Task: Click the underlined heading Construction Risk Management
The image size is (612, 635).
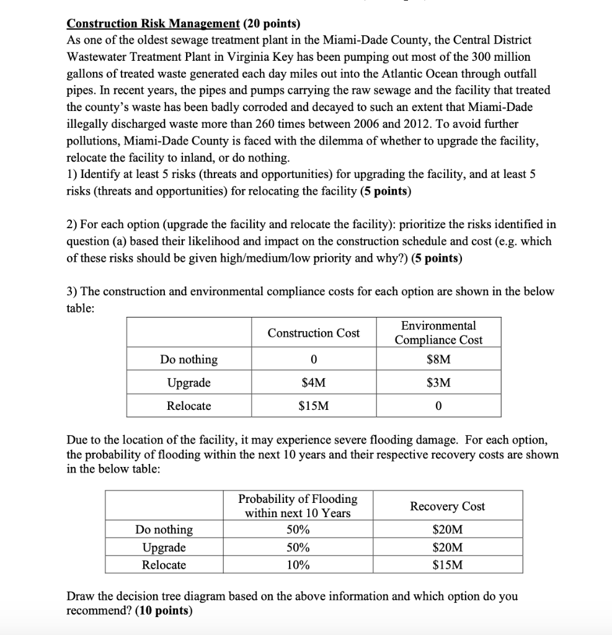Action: tap(153, 24)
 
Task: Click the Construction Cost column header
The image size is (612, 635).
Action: tap(313, 333)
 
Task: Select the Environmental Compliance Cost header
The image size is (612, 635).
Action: tap(438, 333)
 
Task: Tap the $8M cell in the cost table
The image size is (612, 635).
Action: tap(438, 360)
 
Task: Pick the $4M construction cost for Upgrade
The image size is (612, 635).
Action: tap(313, 383)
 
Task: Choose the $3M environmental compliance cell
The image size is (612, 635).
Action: tap(438, 383)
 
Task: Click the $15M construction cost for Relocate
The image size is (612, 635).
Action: tap(313, 406)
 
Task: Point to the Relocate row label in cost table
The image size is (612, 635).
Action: tap(188, 406)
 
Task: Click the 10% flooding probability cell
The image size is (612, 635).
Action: tap(298, 565)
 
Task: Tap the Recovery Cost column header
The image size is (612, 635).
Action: tap(447, 506)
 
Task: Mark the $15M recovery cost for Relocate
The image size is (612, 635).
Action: tap(447, 565)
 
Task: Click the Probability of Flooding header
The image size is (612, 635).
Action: tap(298, 506)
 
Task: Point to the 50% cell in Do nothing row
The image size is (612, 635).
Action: tap(298, 530)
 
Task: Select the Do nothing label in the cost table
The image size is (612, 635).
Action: tap(188, 360)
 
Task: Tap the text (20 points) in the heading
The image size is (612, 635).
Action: tap(271, 24)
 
